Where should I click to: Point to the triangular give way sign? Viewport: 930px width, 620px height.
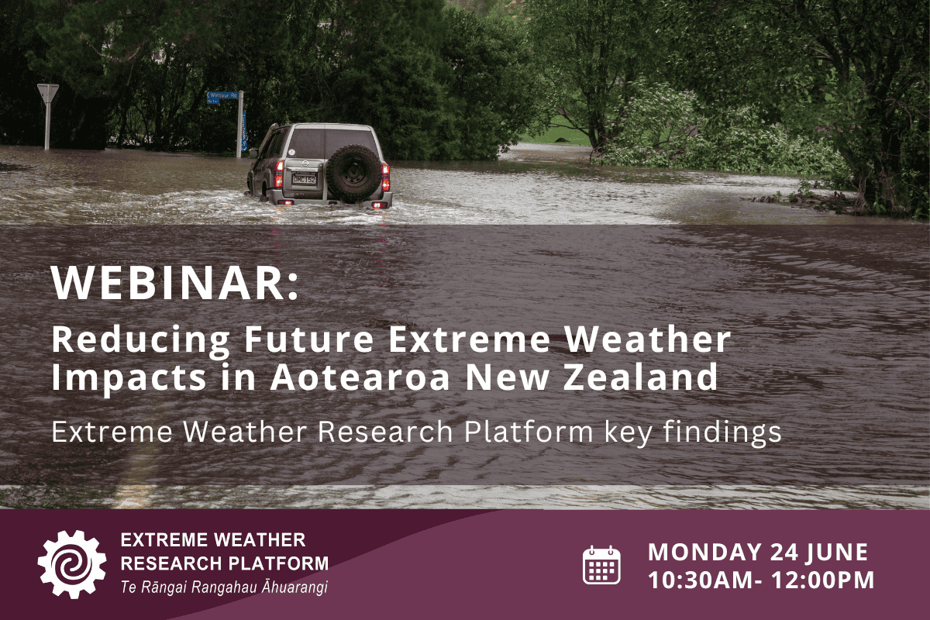tap(48, 94)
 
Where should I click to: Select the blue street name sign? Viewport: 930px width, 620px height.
tap(223, 98)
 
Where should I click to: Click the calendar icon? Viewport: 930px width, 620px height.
tap(601, 564)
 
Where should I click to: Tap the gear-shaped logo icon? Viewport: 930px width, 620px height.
tap(72, 563)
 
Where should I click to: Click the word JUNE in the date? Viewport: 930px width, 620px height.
tap(840, 552)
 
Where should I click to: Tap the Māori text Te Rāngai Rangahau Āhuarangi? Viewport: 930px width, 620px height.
tap(224, 587)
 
